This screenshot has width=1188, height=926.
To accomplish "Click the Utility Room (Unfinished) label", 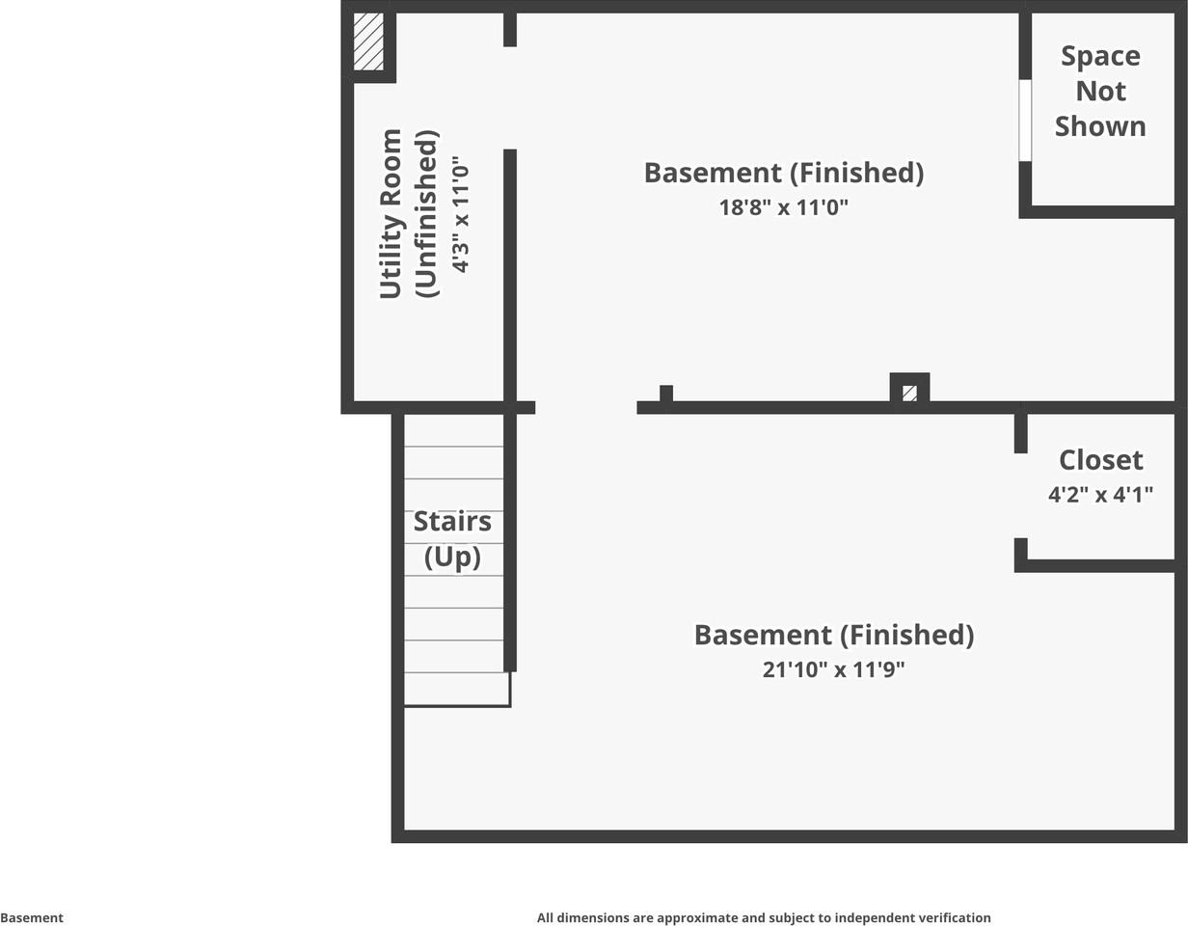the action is tap(409, 214).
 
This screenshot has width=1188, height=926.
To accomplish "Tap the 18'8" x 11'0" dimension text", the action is tap(783, 207).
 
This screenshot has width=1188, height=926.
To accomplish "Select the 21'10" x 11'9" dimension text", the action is tap(834, 669).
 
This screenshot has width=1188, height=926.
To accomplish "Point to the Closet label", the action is tap(1100, 460).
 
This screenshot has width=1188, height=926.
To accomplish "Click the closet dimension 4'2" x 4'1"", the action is tap(1100, 495).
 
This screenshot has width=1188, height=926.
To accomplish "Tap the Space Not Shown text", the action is tap(1100, 91).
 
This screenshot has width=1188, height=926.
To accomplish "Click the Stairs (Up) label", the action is tap(452, 538).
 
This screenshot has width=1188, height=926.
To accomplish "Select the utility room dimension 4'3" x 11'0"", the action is tap(460, 214).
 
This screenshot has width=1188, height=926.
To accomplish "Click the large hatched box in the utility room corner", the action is tap(368, 41).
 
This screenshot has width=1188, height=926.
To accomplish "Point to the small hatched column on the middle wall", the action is tap(909, 393).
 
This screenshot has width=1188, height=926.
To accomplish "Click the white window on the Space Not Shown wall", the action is tap(1025, 121).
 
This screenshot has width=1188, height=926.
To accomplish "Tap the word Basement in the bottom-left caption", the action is tap(32, 917).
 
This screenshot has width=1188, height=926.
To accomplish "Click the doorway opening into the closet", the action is tap(1021, 496).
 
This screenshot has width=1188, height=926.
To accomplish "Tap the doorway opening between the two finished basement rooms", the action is tap(586, 407).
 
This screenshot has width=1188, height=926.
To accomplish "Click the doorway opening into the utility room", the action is tap(510, 97).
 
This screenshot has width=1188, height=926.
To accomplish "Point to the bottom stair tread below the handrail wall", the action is tap(457, 690).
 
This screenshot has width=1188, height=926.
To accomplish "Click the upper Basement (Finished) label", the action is tap(784, 173).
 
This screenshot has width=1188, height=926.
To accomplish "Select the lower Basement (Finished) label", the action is tap(834, 636).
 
